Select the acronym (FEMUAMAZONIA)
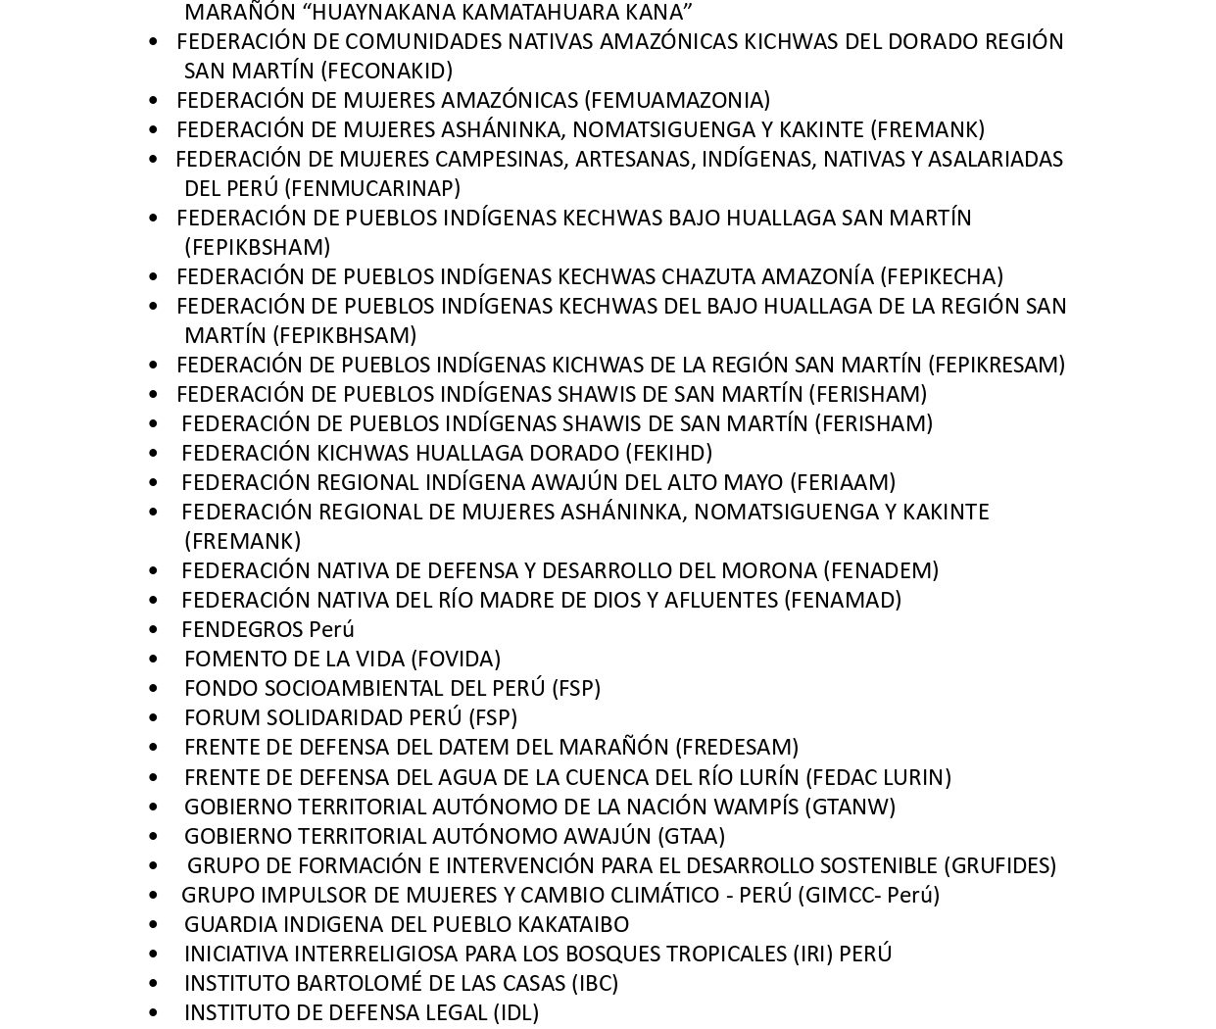coord(676,100)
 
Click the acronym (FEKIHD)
coord(668,453)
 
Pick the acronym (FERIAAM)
coord(843,482)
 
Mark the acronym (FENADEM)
coord(880,570)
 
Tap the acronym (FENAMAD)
coord(842,600)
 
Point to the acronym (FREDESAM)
coord(736,747)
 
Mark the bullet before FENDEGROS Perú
coord(153,629)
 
